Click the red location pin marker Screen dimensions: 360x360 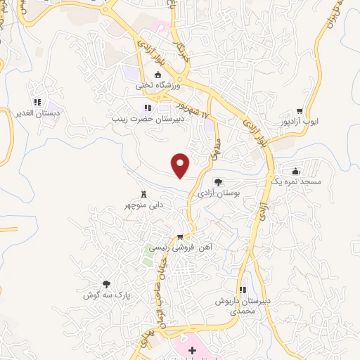[x=181, y=165]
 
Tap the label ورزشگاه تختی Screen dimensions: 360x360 [x=158, y=85]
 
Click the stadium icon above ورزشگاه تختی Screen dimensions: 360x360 [x=158, y=75]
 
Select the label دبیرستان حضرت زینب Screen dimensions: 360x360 [x=147, y=118]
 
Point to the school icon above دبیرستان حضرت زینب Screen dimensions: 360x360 [x=147, y=108]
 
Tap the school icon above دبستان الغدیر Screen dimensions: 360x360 [x=36, y=103]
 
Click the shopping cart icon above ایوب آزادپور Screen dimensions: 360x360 [x=300, y=110]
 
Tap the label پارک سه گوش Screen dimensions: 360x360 [x=105, y=295]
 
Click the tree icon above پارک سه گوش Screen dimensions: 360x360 [x=106, y=285]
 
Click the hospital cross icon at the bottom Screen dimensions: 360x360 [x=192, y=349]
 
